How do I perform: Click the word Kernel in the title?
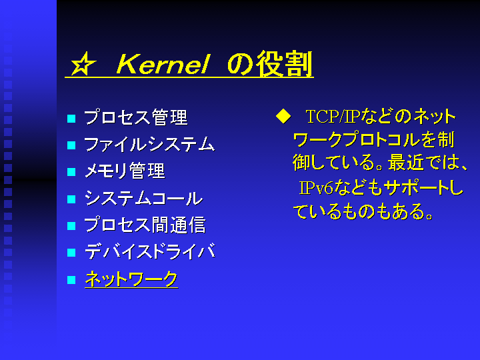tap(163, 64)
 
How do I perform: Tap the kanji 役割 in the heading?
tap(285, 64)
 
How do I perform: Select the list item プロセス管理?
tap(136, 117)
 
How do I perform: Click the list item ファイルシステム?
tap(149, 144)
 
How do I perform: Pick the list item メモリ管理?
tap(125, 171)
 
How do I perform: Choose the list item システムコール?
tap(143, 198)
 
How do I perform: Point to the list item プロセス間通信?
tap(145, 225)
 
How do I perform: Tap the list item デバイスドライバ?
tap(150, 251)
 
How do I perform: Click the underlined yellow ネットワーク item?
tap(131, 279)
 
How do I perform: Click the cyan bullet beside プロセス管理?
tap(71, 119)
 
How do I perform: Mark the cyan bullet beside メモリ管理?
tap(71, 172)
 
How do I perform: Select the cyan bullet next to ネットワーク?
tap(71, 280)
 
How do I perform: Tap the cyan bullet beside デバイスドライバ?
tap(71, 253)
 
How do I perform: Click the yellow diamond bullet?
tap(283, 116)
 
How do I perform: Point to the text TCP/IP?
tap(333, 117)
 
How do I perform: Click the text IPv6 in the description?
tap(316, 188)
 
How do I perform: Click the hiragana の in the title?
tap(240, 64)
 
